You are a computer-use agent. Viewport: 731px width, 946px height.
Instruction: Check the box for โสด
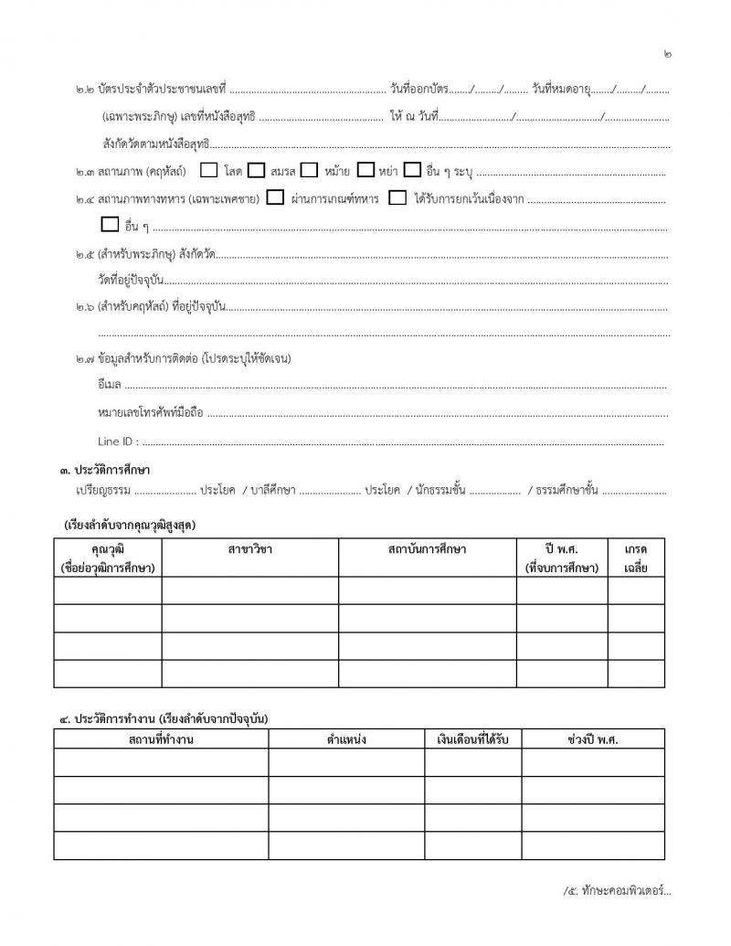point(208,170)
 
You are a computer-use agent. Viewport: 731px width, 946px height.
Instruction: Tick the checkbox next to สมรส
point(257,170)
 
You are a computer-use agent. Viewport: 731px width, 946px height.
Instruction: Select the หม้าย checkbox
point(310,170)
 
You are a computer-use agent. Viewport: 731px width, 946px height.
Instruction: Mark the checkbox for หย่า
point(366,170)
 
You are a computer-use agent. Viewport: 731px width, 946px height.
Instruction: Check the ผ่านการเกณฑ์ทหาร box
point(275,197)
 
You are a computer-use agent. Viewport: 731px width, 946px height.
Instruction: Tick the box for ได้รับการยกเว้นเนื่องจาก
point(397,197)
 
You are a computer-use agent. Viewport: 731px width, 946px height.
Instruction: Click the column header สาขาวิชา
point(250,548)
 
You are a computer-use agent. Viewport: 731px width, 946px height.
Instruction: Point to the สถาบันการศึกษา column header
point(428,548)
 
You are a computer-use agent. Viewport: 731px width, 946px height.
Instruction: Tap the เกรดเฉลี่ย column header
point(636,558)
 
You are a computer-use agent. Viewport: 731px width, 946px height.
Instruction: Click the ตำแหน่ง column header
point(346,739)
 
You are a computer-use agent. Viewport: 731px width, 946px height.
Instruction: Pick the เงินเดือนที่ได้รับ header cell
point(472,739)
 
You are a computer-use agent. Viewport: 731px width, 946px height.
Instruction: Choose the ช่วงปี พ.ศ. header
point(592,739)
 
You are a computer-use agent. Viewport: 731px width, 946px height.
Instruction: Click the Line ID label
point(119,441)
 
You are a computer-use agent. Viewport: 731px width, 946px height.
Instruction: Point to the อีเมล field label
point(110,387)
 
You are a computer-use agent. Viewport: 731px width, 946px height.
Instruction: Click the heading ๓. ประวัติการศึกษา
point(105,470)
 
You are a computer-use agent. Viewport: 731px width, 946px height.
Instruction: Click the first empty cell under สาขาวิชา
point(250,590)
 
